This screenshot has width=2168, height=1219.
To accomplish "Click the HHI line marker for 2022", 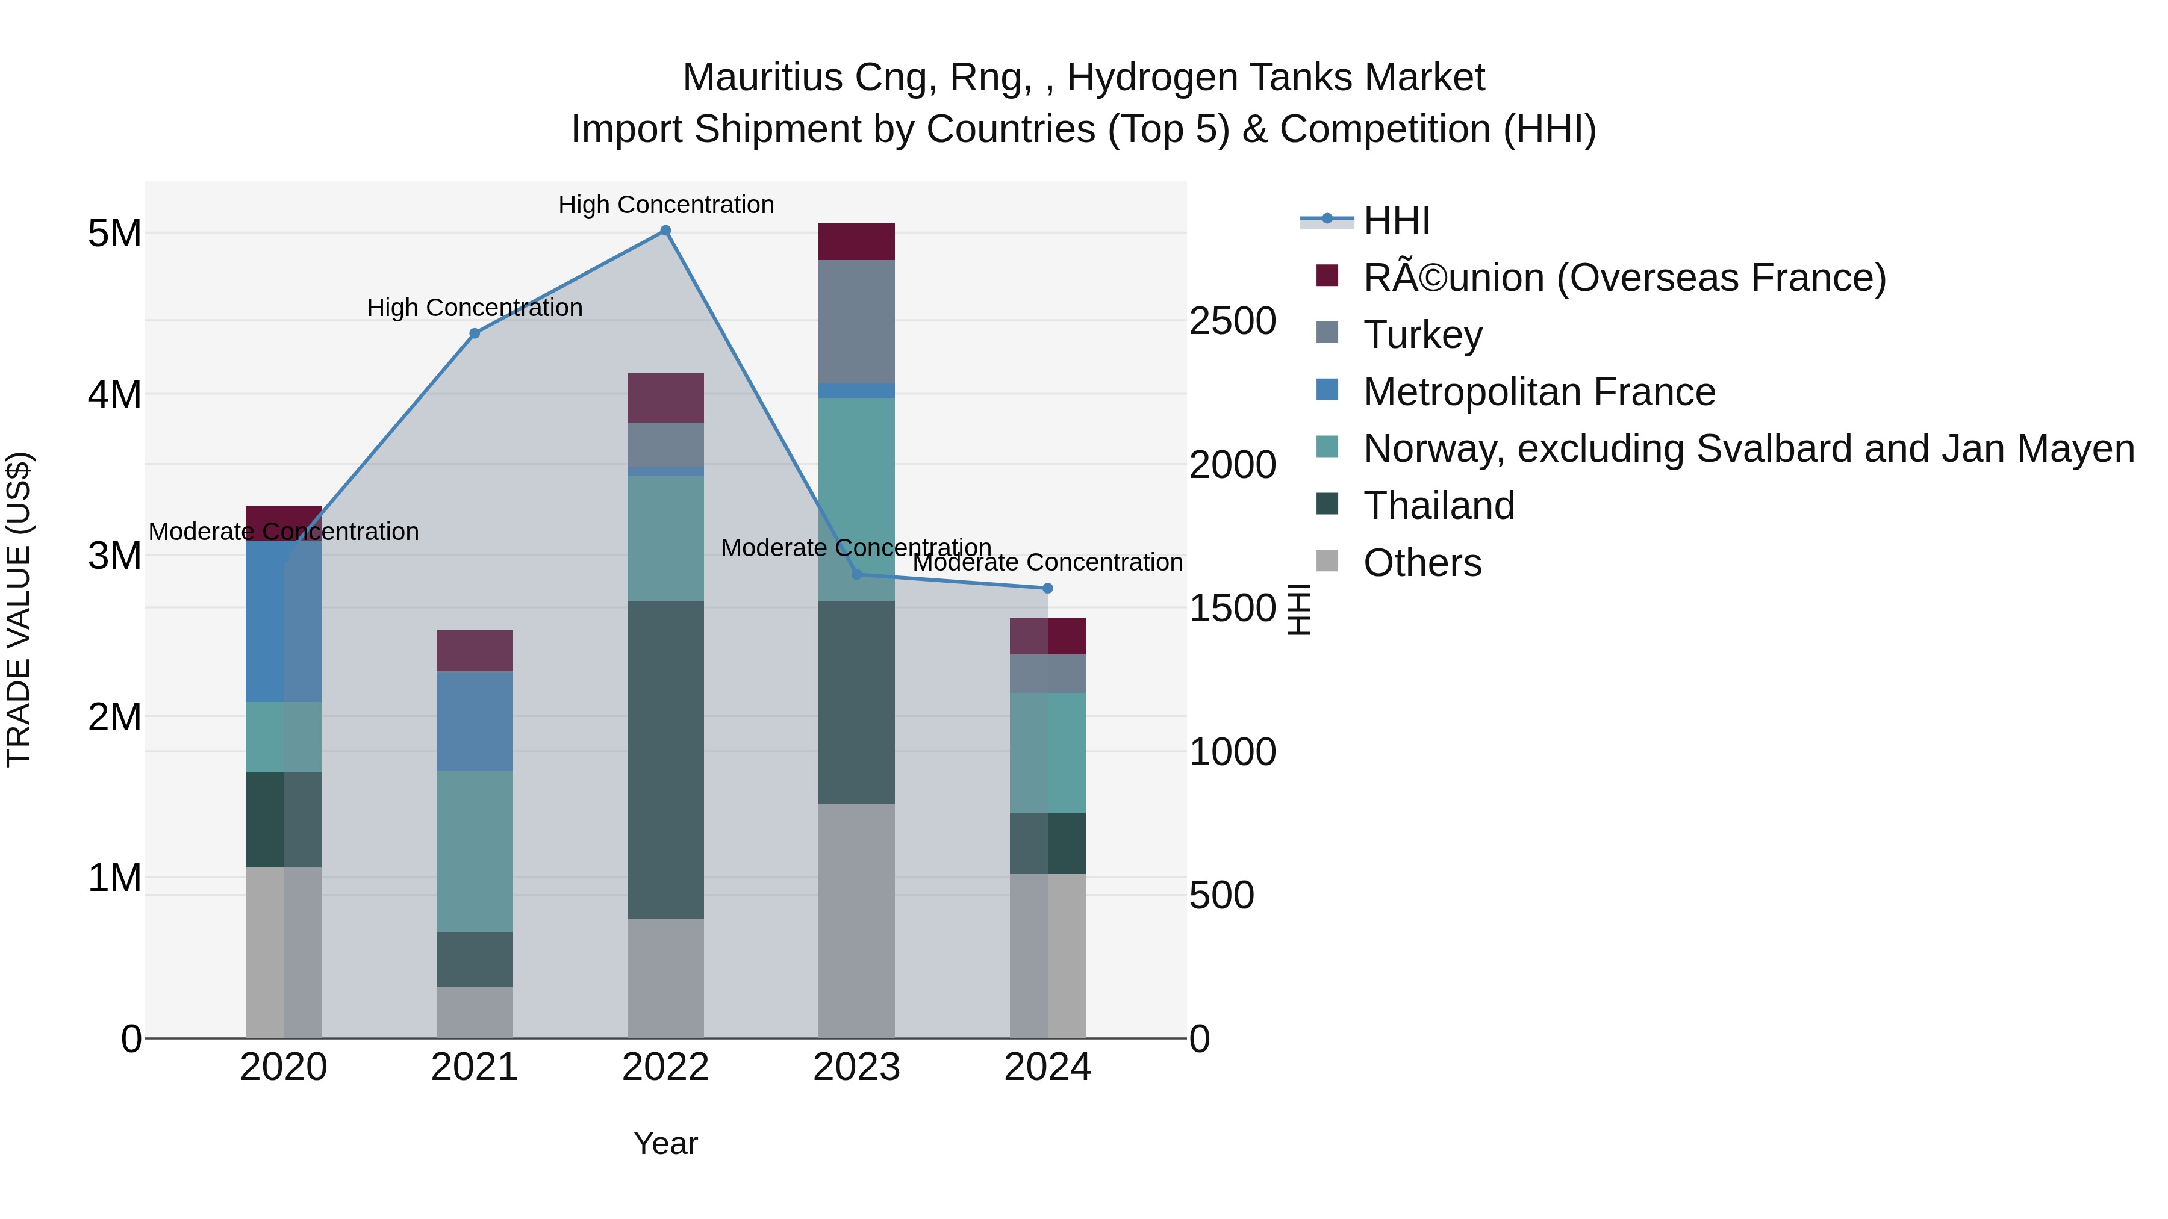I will (x=665, y=231).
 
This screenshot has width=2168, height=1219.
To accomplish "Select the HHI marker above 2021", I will (x=475, y=333).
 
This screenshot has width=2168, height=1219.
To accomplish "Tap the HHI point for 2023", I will (x=857, y=575).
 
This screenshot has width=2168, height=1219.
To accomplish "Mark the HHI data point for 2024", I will (x=1048, y=588).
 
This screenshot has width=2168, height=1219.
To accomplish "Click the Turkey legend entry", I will (x=1422, y=335).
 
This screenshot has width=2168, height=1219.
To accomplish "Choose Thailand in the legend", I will (x=1438, y=506).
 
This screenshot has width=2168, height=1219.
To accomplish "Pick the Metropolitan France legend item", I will (x=1539, y=392).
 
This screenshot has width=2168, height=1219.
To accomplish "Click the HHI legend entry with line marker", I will (x=1396, y=220).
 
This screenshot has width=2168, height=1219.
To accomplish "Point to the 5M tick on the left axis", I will (x=114, y=233).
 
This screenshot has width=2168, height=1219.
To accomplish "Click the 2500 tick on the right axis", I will (x=1232, y=321).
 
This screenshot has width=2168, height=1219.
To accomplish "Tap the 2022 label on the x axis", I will (x=665, y=1067).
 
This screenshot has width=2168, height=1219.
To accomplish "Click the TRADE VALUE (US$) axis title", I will (x=19, y=609).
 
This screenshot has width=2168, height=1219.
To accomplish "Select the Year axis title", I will (x=665, y=1143).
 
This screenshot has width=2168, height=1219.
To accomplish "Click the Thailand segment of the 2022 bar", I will (x=665, y=759).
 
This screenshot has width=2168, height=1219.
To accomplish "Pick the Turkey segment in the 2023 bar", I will (x=857, y=321).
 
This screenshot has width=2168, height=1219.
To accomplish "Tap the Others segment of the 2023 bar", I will (x=857, y=920).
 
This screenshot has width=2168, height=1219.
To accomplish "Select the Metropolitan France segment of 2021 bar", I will (x=475, y=721).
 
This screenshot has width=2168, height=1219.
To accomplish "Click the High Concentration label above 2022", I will (x=665, y=205).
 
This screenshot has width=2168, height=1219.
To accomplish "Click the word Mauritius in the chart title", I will (x=762, y=78).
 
